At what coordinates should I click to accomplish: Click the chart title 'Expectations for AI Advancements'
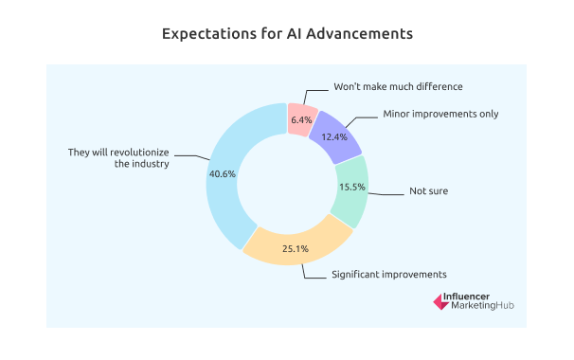coord(286,33)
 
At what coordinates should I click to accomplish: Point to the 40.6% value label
coord(225,173)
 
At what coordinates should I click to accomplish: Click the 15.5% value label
coord(351,186)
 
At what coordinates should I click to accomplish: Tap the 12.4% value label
coord(334,137)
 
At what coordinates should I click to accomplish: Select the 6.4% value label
coord(301,119)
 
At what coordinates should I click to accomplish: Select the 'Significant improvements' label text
coord(388,274)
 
